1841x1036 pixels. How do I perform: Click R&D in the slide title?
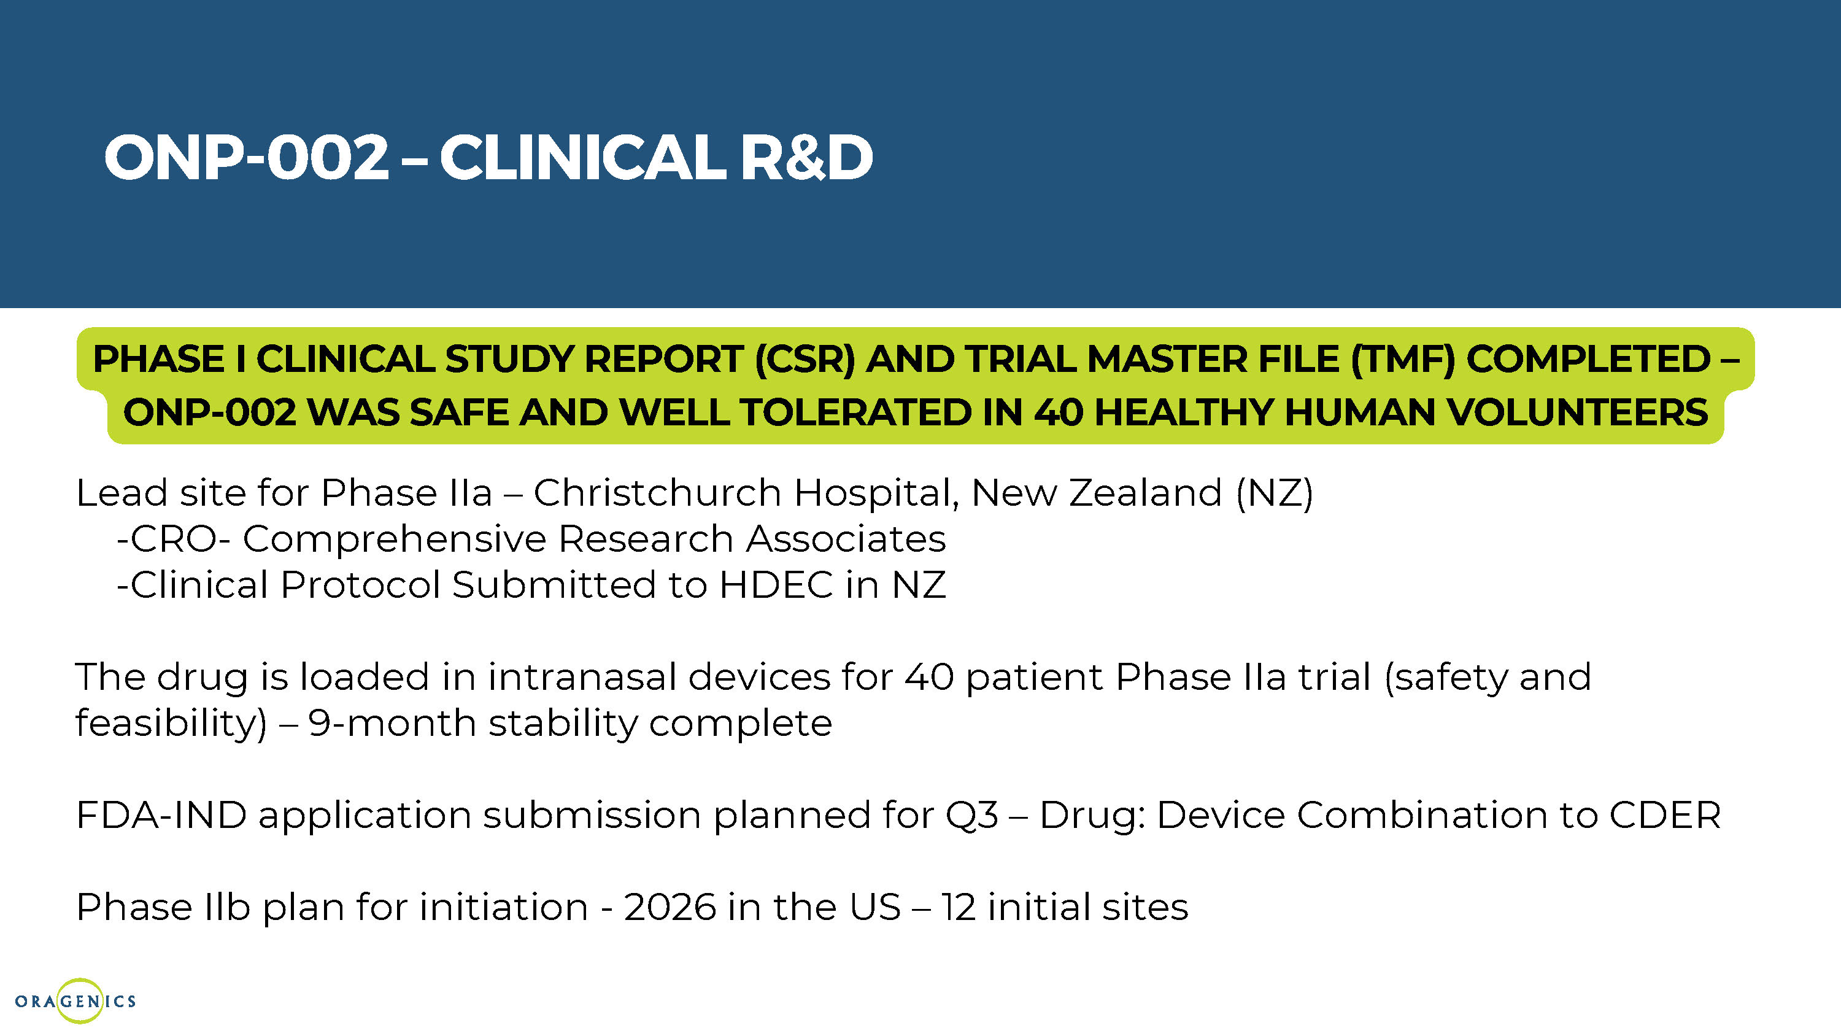click(x=807, y=157)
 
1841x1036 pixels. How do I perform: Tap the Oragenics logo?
click(x=75, y=1000)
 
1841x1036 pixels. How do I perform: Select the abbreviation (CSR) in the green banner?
click(x=805, y=359)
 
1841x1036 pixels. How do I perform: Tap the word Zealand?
click(x=1146, y=493)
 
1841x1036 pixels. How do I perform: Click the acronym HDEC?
click(x=776, y=585)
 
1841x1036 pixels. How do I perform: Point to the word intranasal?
click(x=582, y=676)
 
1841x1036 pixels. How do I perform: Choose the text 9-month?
click(x=392, y=723)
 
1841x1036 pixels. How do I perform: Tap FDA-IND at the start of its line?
click(x=161, y=815)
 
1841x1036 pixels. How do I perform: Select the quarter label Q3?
click(x=972, y=816)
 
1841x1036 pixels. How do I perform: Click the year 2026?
click(x=670, y=907)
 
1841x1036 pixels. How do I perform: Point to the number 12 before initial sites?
click(x=959, y=907)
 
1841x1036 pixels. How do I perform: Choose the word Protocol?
click(x=360, y=585)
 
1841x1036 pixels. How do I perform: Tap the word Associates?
click(x=846, y=539)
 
